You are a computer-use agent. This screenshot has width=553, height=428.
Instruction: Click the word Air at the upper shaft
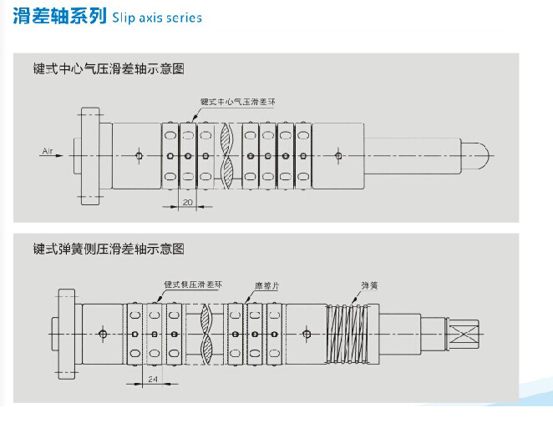click(47, 151)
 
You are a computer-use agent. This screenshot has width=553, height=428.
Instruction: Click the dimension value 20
click(188, 201)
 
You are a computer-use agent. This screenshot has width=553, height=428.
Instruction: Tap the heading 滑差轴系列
click(59, 17)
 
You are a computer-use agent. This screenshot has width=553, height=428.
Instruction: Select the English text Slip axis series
click(157, 18)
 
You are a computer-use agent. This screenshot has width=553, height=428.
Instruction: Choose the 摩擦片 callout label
click(267, 285)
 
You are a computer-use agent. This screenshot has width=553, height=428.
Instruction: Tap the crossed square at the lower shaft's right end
click(463, 335)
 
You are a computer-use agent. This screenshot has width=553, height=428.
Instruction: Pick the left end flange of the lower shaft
click(68, 335)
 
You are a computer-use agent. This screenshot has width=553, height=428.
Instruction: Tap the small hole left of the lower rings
click(102, 335)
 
